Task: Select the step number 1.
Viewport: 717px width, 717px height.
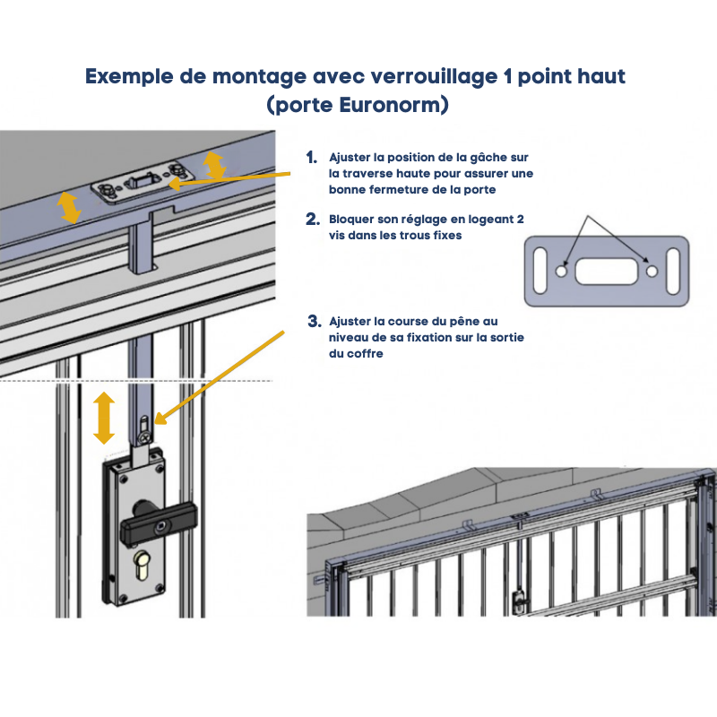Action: (311, 157)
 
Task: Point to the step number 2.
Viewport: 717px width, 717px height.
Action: (312, 219)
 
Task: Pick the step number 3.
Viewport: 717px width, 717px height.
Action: (313, 320)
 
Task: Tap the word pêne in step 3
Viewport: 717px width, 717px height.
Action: (474, 320)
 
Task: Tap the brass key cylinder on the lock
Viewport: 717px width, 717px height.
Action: (143, 568)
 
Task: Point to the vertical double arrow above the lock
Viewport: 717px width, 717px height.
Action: (105, 417)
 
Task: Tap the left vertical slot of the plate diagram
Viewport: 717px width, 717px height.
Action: (540, 270)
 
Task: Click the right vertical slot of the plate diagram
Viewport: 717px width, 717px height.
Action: (673, 270)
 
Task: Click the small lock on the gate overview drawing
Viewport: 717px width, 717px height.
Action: (519, 601)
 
